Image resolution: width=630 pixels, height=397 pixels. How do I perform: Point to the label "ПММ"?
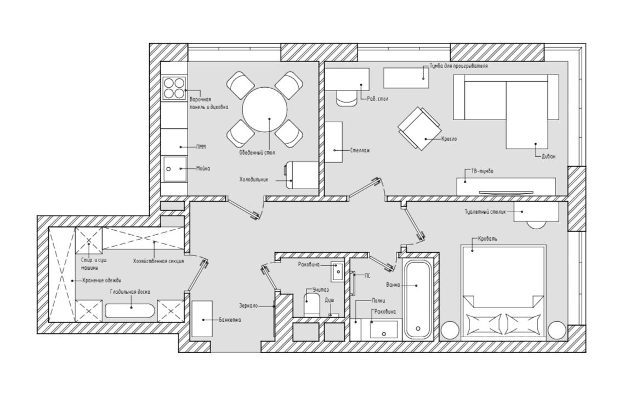pyautogui.click(x=201, y=146)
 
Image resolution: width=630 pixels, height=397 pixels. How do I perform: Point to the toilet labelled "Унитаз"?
pyautogui.click(x=311, y=304)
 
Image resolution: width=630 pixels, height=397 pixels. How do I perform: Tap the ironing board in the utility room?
pyautogui.click(x=130, y=311)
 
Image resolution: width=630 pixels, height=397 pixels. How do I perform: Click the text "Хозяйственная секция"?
pyautogui.click(x=158, y=261)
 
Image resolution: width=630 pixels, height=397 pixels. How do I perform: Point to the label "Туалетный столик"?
pyautogui.click(x=483, y=211)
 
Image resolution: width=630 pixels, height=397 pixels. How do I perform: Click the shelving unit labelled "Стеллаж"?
pyautogui.click(x=333, y=141)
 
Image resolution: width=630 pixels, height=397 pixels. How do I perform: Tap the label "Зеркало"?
pyautogui.click(x=249, y=305)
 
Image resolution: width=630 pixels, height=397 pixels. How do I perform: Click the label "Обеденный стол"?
pyautogui.click(x=256, y=152)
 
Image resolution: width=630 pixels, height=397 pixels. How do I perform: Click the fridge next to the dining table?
pyautogui.click(x=301, y=175)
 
